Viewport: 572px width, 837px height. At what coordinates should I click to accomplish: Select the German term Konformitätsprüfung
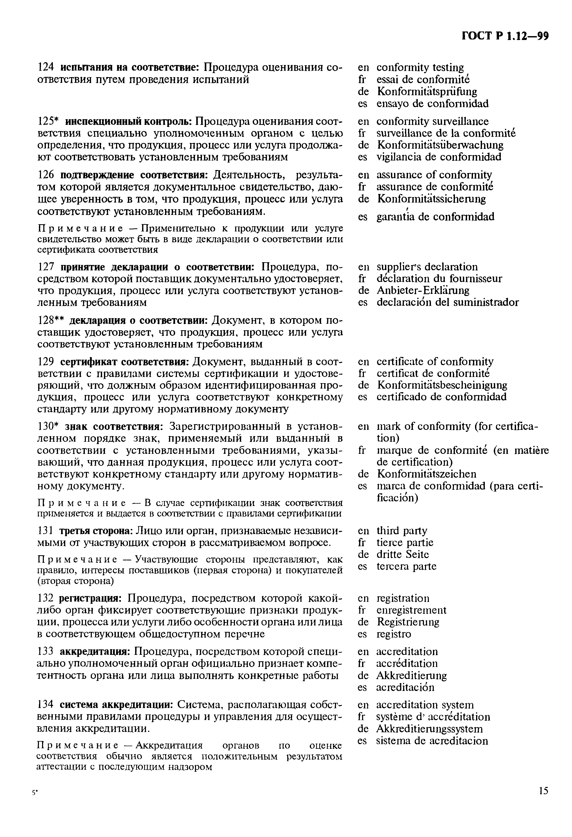427,92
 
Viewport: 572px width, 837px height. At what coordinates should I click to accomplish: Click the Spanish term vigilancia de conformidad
438,157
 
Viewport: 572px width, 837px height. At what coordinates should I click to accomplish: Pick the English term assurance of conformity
434,175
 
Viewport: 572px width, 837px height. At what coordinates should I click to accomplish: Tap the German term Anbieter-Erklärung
423,290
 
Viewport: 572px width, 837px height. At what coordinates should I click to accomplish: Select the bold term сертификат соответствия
124,361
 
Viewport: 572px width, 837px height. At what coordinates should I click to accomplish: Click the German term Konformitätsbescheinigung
442,385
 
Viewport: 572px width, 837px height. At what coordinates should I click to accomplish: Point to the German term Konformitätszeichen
426,474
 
